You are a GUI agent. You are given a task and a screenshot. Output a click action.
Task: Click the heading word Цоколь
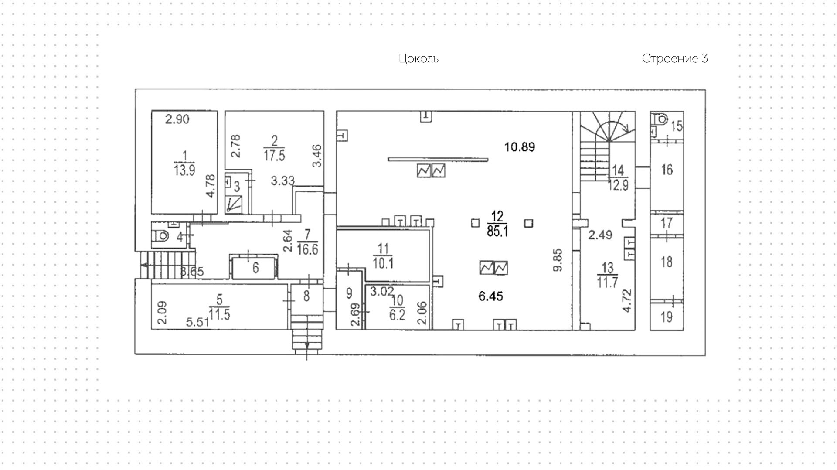pyautogui.click(x=418, y=59)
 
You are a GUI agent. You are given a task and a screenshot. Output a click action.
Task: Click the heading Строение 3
pyautogui.click(x=674, y=59)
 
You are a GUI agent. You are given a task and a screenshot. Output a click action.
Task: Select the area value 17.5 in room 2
pyautogui.click(x=274, y=155)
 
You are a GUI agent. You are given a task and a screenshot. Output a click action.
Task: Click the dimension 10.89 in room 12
pyautogui.click(x=520, y=147)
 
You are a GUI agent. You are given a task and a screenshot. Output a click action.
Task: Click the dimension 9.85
pyautogui.click(x=558, y=260)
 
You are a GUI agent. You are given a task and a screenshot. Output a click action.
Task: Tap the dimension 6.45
pyautogui.click(x=490, y=296)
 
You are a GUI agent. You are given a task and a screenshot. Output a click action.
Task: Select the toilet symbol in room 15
pyautogui.click(x=661, y=119)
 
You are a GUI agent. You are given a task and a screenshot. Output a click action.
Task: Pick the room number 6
pyautogui.click(x=255, y=267)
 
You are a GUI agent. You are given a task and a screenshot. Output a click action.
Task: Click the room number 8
pyautogui.click(x=306, y=296)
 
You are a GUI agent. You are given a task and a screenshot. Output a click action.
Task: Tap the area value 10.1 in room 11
pyautogui.click(x=383, y=264)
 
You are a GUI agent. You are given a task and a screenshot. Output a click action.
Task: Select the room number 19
pyautogui.click(x=667, y=317)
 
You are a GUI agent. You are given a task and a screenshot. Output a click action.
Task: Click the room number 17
pyautogui.click(x=667, y=223)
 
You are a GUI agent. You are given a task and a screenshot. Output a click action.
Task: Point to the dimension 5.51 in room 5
pyautogui.click(x=197, y=322)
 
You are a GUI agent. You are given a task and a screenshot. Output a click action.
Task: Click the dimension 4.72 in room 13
pyautogui.click(x=627, y=301)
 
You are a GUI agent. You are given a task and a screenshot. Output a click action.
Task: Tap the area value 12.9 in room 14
pyautogui.click(x=619, y=185)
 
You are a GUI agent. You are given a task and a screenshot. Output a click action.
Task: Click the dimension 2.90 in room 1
pyautogui.click(x=177, y=119)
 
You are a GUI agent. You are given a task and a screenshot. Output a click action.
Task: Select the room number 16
pyautogui.click(x=667, y=169)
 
